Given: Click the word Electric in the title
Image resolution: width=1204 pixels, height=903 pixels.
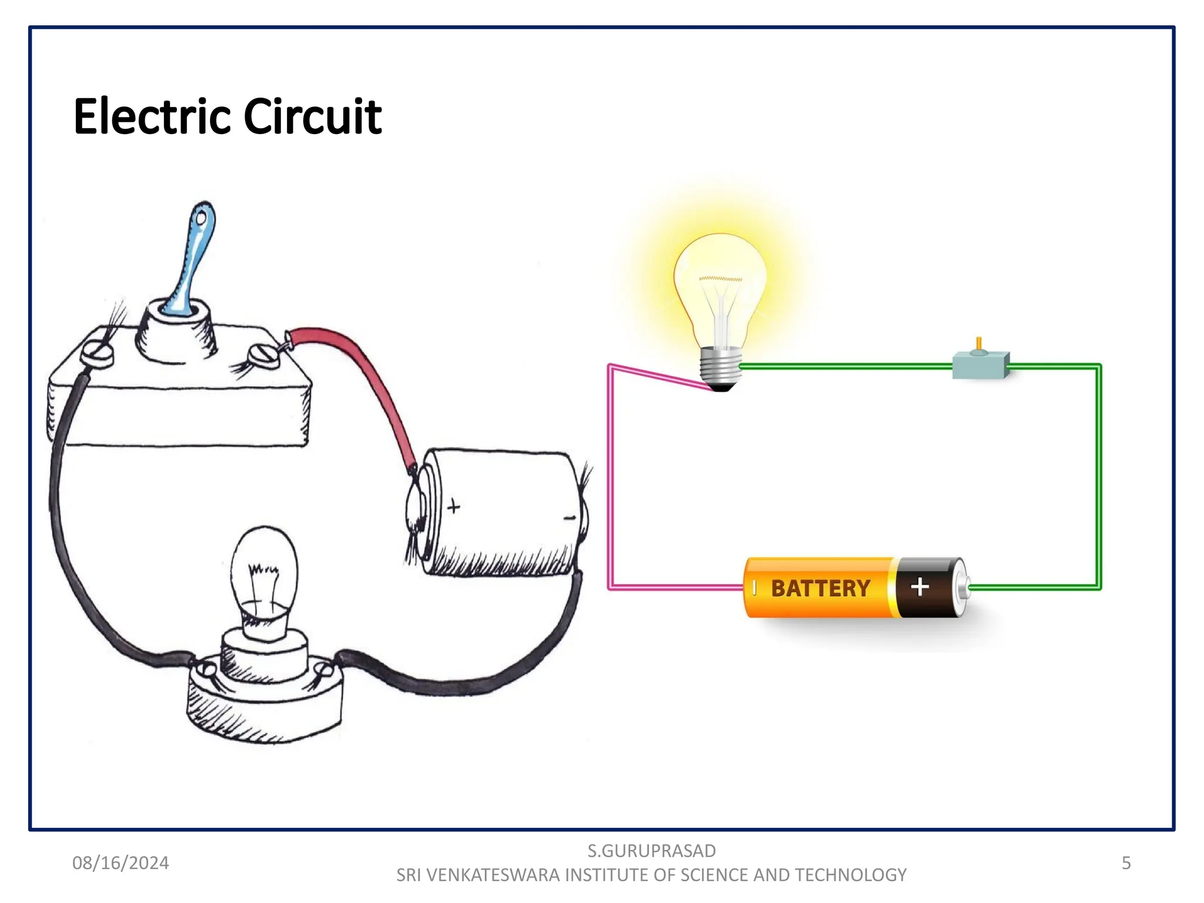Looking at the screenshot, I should pyautogui.click(x=152, y=116).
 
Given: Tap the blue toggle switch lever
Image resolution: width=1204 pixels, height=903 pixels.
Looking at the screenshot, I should pyautogui.click(x=192, y=259).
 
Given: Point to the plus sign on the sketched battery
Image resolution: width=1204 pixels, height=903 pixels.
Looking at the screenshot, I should pyautogui.click(x=453, y=506).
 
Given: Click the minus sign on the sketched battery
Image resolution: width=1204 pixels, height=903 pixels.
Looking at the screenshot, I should pyautogui.click(x=569, y=518).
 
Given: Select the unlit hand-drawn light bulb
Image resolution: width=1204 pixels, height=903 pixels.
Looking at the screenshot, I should pyautogui.click(x=265, y=573).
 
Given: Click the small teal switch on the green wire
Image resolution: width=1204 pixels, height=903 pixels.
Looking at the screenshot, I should pyautogui.click(x=980, y=365).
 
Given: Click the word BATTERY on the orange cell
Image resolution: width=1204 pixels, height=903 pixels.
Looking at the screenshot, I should pyautogui.click(x=820, y=588).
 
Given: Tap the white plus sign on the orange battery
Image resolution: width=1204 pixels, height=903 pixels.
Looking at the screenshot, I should pyautogui.click(x=919, y=587).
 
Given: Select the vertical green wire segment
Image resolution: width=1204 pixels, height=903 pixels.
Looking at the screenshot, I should pyautogui.click(x=1098, y=476).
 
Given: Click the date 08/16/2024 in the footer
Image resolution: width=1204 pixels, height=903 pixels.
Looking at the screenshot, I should pyautogui.click(x=121, y=862).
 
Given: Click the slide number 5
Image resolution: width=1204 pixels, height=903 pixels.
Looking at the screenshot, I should pyautogui.click(x=1126, y=862).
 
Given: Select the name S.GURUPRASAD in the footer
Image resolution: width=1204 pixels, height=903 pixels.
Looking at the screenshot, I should pyautogui.click(x=651, y=850).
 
